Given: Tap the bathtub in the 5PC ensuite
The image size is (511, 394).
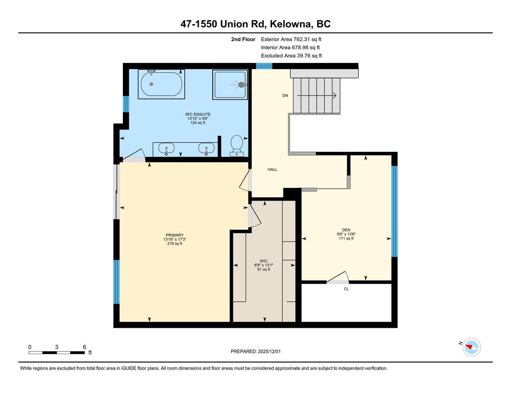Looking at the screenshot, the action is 161,84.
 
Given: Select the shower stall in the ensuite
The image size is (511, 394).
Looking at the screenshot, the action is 230,84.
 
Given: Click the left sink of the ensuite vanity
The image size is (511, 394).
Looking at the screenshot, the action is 166,149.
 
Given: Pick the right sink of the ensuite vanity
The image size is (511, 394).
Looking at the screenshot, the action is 206,149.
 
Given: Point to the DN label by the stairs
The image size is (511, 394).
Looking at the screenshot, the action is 285,95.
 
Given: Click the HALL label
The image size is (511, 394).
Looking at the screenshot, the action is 272,169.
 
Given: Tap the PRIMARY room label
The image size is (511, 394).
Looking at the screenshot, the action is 175,235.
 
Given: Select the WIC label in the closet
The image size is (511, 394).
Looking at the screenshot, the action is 264,261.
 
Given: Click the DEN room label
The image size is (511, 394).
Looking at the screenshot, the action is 346,230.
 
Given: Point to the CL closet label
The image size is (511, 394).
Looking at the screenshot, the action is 347,289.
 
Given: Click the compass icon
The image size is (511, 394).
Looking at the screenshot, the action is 472,347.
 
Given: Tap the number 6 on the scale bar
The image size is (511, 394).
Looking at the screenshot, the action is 84,347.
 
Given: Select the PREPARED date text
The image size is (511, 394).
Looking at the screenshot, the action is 255,352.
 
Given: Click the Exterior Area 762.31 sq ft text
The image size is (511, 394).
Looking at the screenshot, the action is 291,39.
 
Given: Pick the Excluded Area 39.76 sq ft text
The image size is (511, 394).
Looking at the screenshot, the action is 291,56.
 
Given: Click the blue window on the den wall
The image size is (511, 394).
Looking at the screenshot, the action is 394,211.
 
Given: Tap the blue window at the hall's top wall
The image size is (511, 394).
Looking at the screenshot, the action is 264,66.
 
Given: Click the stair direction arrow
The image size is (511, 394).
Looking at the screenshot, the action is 316,95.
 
